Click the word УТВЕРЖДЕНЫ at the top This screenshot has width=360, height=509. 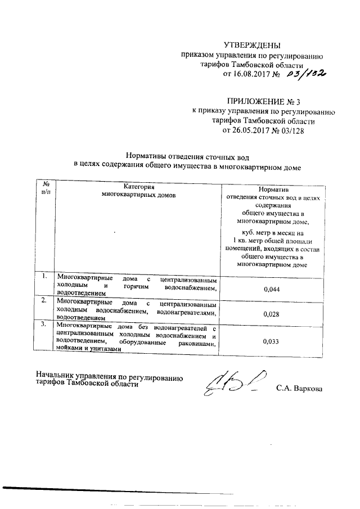pos(251,45)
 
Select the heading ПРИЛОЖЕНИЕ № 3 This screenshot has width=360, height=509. pos(263,102)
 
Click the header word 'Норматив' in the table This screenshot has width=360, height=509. pos(272,190)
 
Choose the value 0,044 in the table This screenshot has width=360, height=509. pos(272,289)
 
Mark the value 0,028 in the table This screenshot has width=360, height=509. pos(272,314)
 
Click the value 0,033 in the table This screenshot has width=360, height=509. pos(272,340)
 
